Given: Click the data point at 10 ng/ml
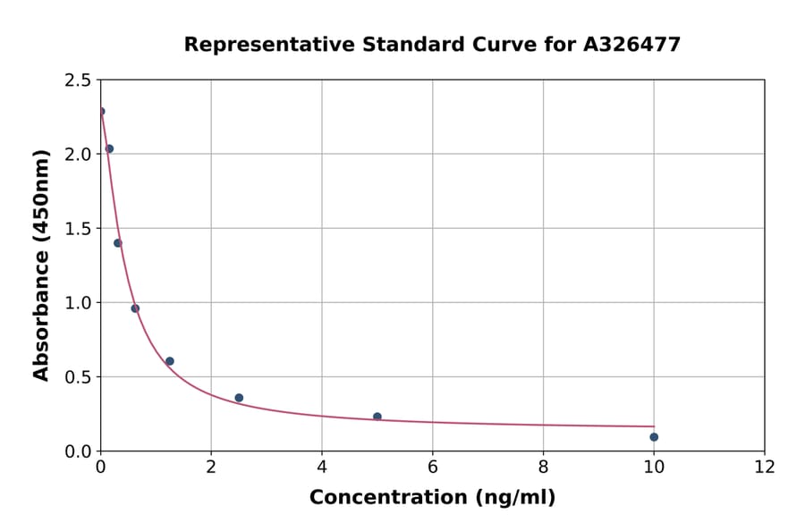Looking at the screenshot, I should [654, 437].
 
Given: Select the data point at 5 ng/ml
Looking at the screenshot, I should [377, 417].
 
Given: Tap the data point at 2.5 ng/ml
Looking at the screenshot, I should [239, 398].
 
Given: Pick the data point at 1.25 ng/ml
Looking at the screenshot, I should [170, 361].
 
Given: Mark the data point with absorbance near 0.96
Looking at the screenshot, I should [135, 308].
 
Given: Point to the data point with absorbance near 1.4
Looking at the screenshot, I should [117, 243].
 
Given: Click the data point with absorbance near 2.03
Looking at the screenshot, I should [109, 148].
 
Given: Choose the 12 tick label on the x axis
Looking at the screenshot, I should [765, 467].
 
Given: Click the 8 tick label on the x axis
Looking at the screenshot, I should [543, 467].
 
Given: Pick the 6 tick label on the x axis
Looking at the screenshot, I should [433, 467].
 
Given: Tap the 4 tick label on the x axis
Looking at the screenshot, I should [322, 467].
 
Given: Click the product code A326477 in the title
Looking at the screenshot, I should [631, 44].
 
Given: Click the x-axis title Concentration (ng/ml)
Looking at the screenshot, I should [432, 497].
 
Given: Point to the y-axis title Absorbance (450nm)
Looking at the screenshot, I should [41, 265].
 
